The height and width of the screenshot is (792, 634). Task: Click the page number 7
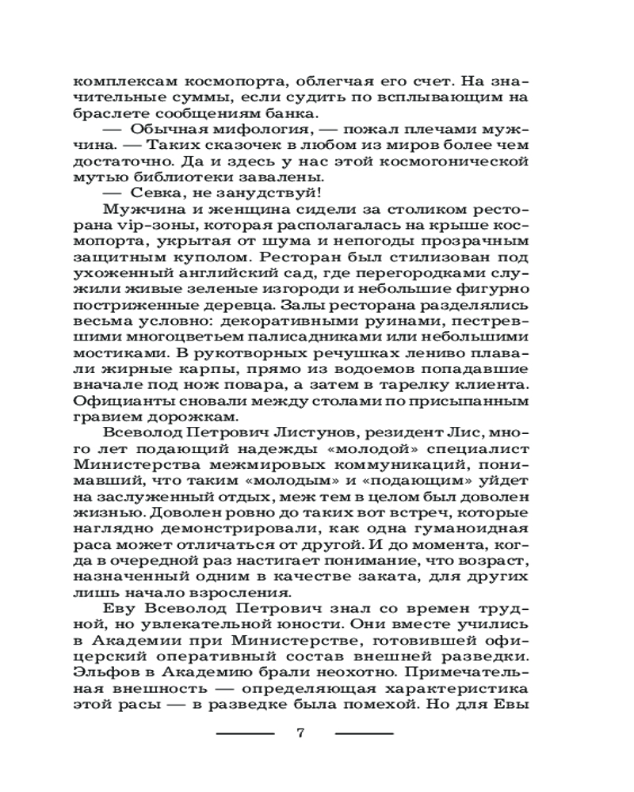click(x=300, y=732)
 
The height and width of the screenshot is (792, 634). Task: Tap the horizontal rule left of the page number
click(x=245, y=733)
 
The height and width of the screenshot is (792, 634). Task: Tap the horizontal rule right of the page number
click(x=364, y=733)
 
